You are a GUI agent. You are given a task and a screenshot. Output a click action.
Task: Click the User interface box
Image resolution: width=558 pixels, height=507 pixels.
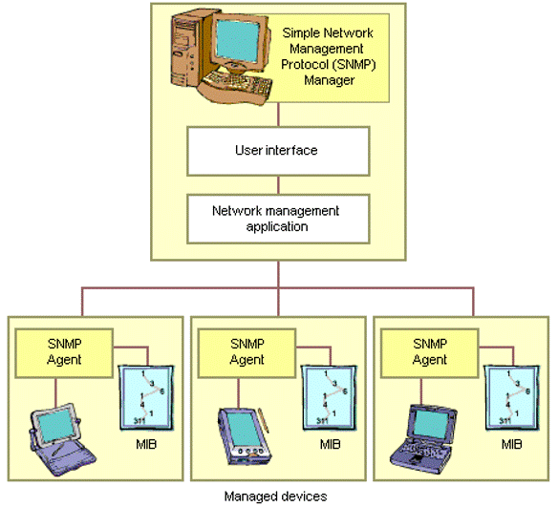pos(276,151)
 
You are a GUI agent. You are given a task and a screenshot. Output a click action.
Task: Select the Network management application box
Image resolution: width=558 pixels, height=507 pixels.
pos(276,219)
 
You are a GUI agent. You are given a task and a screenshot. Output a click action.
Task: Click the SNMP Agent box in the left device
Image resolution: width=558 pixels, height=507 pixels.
pos(64,351)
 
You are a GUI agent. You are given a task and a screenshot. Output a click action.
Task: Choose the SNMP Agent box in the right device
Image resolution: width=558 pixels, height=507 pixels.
pos(430,351)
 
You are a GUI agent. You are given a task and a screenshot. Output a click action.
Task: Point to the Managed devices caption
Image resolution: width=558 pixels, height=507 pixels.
pos(275,496)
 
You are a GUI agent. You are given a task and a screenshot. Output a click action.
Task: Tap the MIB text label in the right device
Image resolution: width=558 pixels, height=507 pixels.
pos(513,446)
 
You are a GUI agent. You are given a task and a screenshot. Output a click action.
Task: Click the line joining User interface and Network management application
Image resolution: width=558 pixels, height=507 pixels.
pos(277,185)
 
